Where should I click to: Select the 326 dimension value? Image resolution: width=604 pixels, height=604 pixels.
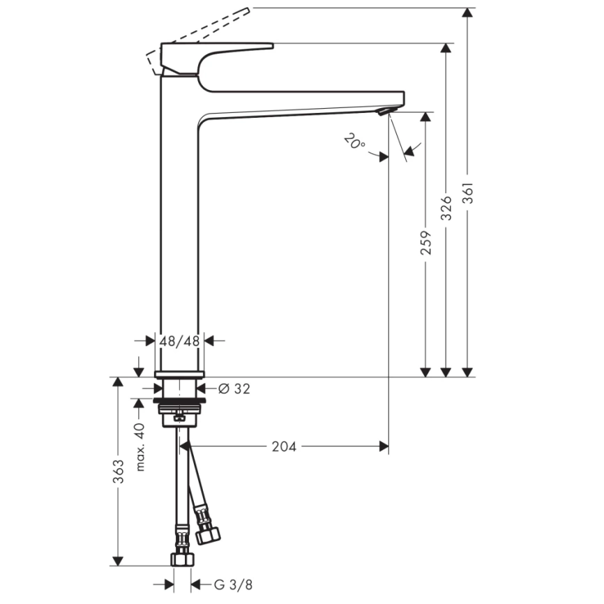pyautogui.click(x=446, y=208)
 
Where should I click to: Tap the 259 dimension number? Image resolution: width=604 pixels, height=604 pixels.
pyautogui.click(x=425, y=242)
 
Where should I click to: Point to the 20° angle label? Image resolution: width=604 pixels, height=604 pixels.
pyautogui.click(x=354, y=142)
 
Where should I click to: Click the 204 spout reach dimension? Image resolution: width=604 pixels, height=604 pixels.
pyautogui.click(x=284, y=446)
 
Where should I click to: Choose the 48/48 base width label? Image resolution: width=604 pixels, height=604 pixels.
pyautogui.click(x=179, y=341)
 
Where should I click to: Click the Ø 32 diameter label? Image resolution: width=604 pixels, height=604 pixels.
pyautogui.click(x=234, y=389)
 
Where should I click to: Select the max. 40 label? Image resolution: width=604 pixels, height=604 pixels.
pyautogui.click(x=139, y=446)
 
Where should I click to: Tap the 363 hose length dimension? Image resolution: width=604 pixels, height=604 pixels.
pyautogui.click(x=119, y=472)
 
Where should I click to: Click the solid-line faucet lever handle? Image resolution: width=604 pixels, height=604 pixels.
pyautogui.click(x=209, y=53)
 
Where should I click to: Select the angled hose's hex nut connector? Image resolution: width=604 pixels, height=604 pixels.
pyautogui.click(x=207, y=536)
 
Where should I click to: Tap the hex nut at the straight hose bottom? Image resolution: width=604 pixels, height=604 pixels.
pyautogui.click(x=182, y=560)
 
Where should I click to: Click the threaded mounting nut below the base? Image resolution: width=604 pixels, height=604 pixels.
pyautogui.click(x=182, y=405)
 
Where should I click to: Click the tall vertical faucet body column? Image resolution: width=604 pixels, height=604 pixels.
pyautogui.click(x=181, y=230)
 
